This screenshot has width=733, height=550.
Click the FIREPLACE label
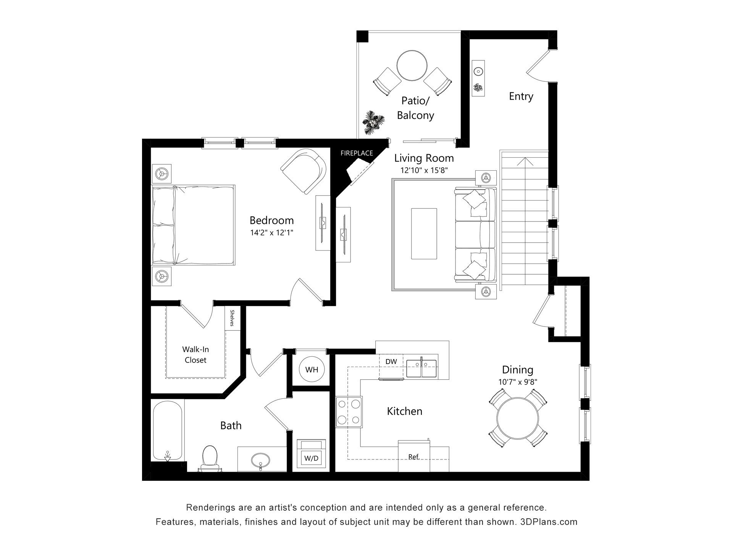357,153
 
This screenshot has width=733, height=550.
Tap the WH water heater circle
312,370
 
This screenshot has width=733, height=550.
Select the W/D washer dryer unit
312,455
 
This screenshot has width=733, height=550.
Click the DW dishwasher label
391,361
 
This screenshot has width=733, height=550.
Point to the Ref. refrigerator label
414,457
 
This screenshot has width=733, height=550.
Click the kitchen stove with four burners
349,411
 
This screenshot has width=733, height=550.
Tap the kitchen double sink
421,368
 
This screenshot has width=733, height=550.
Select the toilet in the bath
209,457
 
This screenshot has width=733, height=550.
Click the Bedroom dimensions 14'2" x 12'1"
271,232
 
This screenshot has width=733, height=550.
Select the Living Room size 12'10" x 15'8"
424,170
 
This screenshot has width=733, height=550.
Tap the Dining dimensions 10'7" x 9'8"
518,382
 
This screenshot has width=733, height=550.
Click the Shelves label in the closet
232,318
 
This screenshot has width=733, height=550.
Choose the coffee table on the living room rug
424,234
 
